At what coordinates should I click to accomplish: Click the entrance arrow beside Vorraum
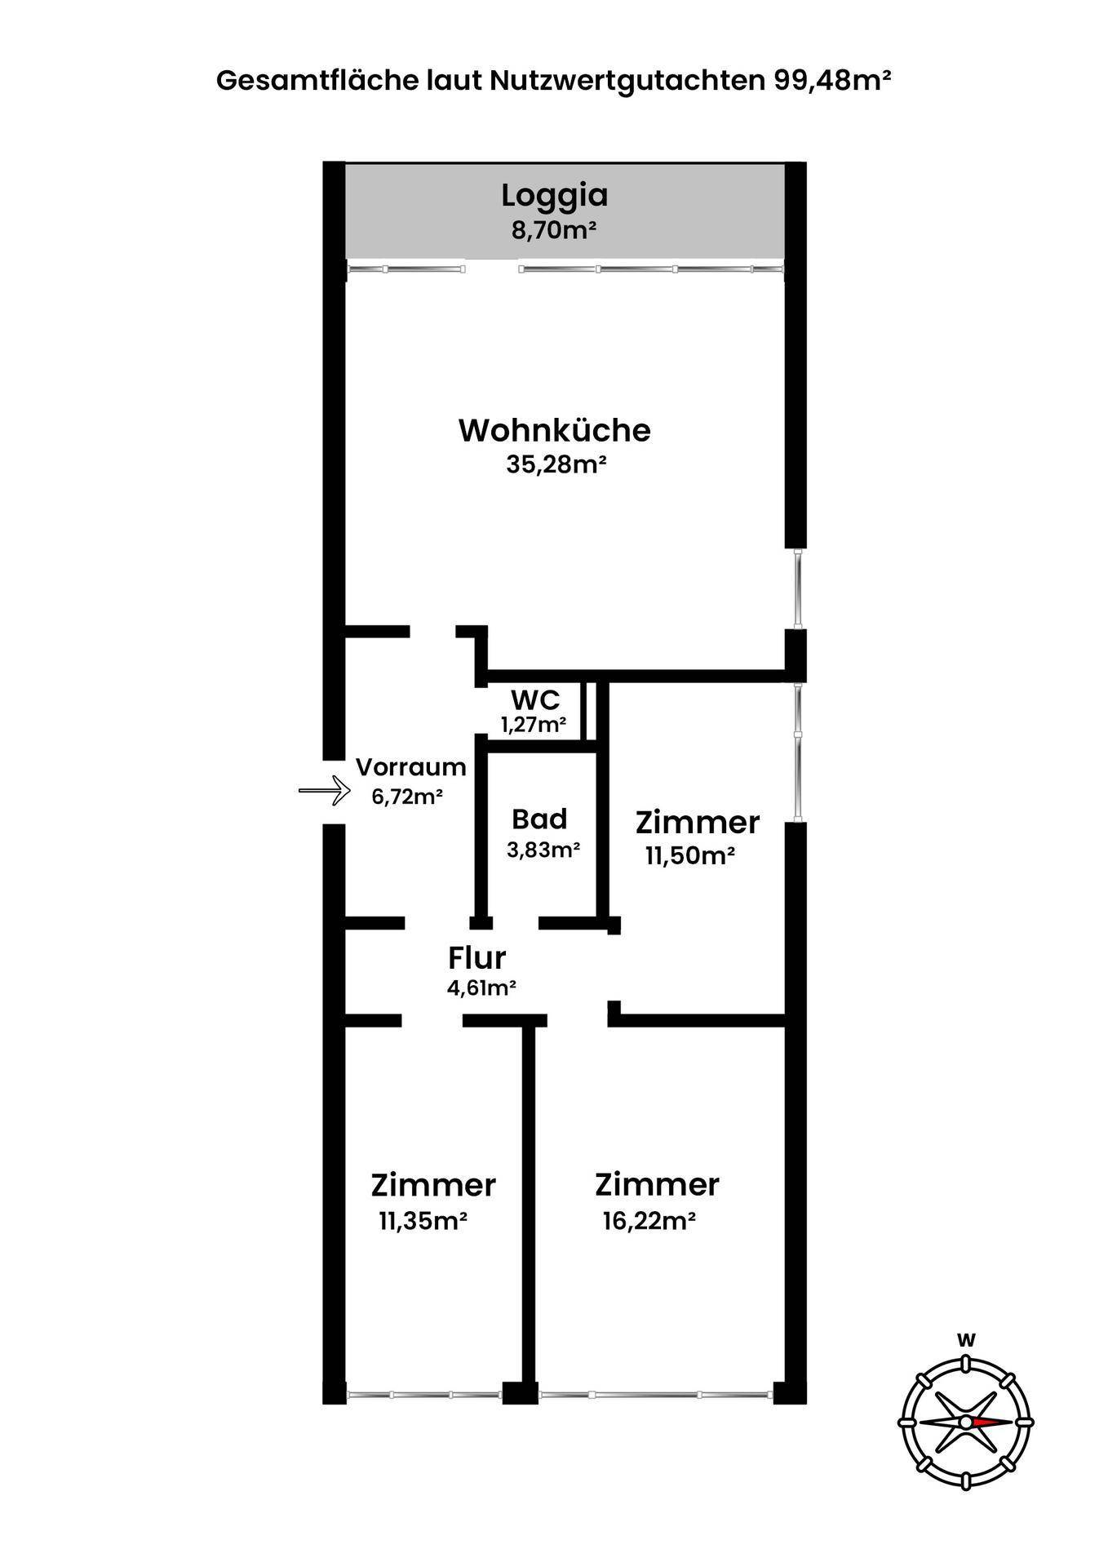coord(324,790)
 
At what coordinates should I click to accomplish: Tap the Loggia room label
coord(555,197)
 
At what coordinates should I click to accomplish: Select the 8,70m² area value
coord(554,230)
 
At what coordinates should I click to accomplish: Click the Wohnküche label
coord(555,430)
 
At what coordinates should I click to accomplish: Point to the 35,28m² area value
coord(556,464)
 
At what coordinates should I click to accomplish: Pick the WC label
coord(535,699)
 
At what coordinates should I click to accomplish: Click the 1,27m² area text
coord(534,724)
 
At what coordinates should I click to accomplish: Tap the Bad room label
coord(539,819)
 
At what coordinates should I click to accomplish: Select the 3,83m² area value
coord(543,850)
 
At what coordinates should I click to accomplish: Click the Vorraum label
coord(411,767)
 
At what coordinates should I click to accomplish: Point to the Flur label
coord(477,957)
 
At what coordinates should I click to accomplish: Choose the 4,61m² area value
coord(481,988)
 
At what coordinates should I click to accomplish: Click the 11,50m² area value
coord(690,856)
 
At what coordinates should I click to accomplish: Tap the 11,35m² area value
coord(423,1221)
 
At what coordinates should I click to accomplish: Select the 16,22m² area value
coord(649,1221)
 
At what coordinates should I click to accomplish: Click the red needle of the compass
coord(991,1422)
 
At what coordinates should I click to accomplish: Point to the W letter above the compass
coord(967,1339)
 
